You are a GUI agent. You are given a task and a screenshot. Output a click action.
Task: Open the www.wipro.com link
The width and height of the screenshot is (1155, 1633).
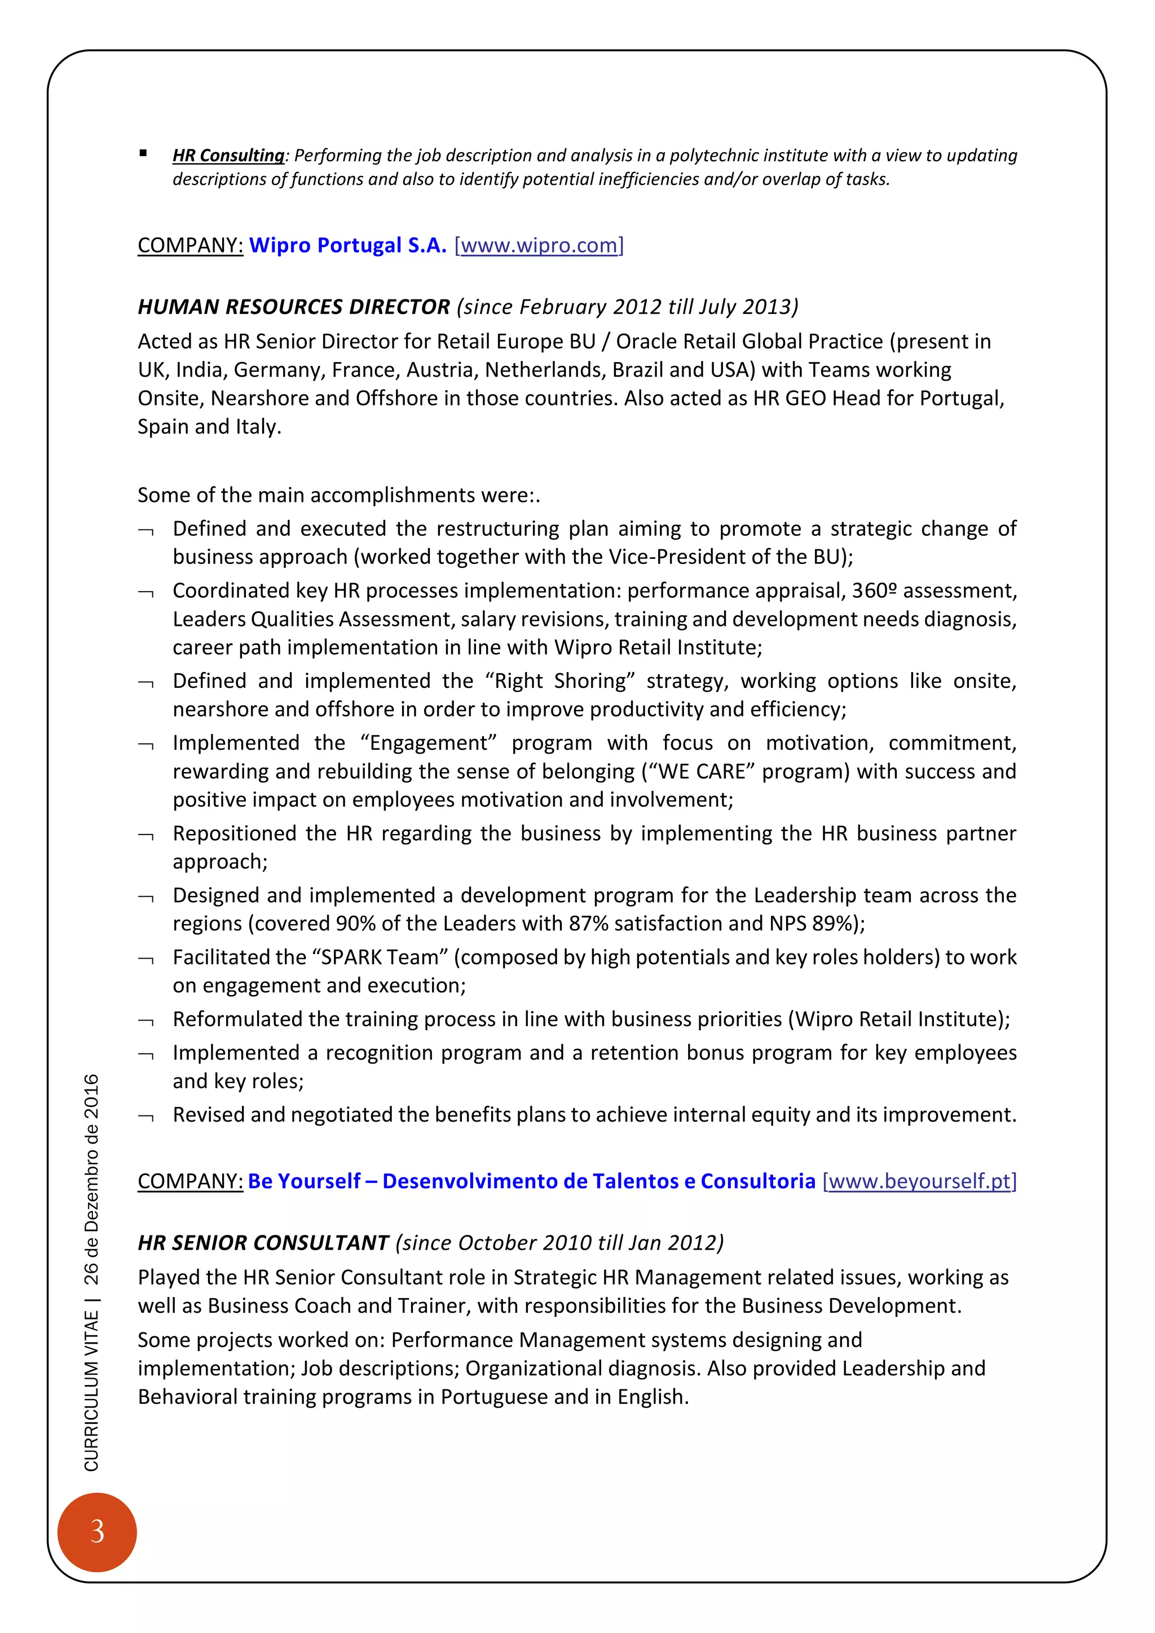539,245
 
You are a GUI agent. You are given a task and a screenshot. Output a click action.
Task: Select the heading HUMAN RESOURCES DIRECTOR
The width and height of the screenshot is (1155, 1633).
294,307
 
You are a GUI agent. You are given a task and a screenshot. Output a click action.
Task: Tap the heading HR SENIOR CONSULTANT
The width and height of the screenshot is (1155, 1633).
263,1243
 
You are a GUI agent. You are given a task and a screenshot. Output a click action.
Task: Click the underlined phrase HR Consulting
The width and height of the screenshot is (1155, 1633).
228,155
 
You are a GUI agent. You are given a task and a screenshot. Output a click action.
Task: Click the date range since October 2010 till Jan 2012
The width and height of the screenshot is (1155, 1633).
559,1243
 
